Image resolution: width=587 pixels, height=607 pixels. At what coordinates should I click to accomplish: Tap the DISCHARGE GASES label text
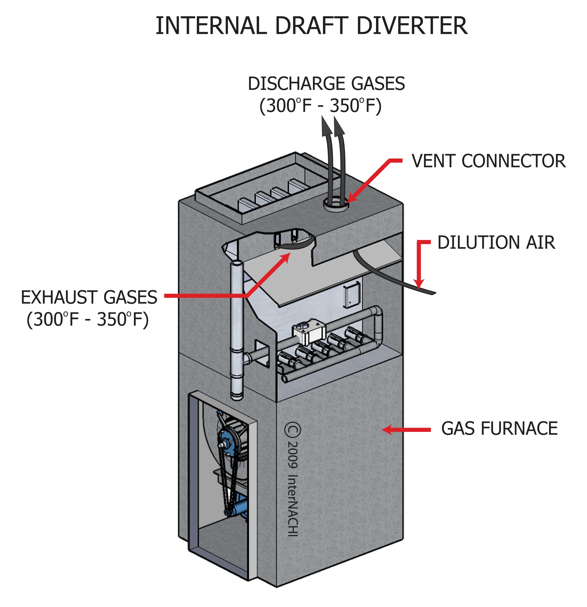[x=326, y=84]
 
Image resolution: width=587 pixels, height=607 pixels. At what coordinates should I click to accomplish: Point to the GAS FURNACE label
[x=499, y=429]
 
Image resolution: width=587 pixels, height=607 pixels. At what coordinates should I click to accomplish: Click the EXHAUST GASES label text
[x=89, y=297]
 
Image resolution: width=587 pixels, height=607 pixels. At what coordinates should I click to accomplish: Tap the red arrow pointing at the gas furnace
[x=406, y=430]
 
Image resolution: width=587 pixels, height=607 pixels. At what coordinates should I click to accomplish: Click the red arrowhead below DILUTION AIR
[x=419, y=283]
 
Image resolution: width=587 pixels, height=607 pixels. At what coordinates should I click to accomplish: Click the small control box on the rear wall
[x=352, y=296]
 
